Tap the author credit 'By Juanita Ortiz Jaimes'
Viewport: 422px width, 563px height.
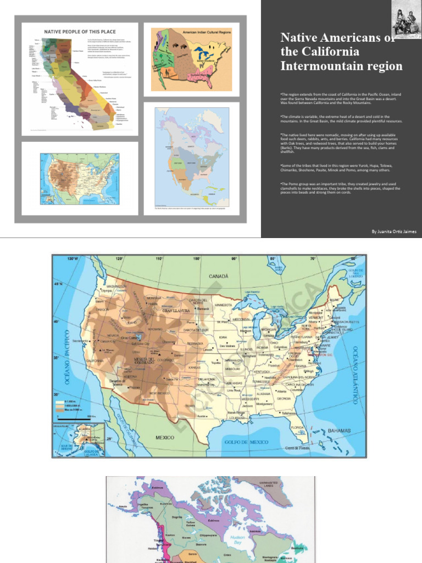pyautogui.click(x=394, y=232)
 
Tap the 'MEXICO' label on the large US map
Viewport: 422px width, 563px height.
pyautogui.click(x=165, y=438)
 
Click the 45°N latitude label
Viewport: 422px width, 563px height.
pyautogui.click(x=58, y=284)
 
